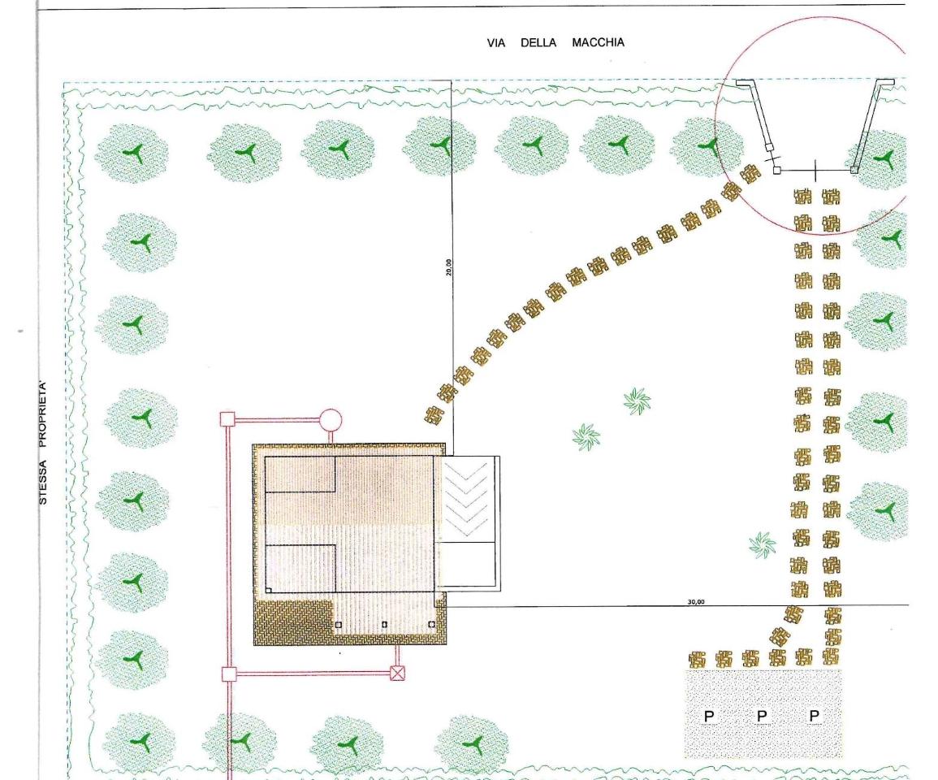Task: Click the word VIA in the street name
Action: (x=496, y=43)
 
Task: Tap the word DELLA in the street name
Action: (x=538, y=43)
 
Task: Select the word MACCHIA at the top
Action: (x=599, y=42)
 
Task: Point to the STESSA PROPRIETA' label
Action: (x=42, y=442)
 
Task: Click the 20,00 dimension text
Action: (x=448, y=266)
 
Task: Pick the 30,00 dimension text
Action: (x=696, y=601)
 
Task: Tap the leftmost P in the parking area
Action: (x=709, y=716)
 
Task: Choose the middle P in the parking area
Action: (x=762, y=715)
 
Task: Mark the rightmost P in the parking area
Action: (x=815, y=715)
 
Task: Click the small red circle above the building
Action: (x=331, y=420)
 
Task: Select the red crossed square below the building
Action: (x=397, y=674)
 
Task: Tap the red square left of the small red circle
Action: (x=227, y=419)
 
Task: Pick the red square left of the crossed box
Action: (x=229, y=674)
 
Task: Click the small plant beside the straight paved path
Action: (x=762, y=544)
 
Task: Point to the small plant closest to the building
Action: (x=586, y=437)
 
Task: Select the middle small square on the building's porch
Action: (x=385, y=624)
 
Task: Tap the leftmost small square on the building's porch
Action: (x=339, y=625)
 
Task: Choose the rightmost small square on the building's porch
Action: (x=432, y=624)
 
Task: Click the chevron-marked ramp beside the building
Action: (x=467, y=499)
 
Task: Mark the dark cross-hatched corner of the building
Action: (x=292, y=622)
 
